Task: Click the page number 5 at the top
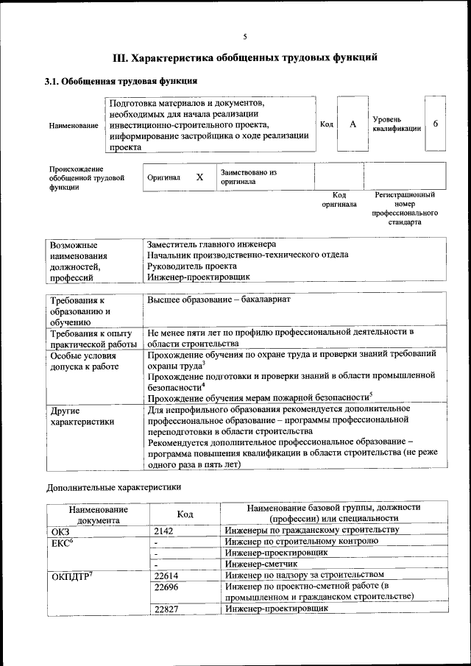click(245, 37)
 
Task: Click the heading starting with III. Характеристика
click(245, 57)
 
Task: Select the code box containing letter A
click(353, 124)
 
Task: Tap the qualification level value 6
click(435, 124)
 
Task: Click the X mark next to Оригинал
click(199, 177)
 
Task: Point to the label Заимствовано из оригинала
click(248, 177)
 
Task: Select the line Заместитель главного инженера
click(211, 244)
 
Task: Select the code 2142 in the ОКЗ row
click(166, 531)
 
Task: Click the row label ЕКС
click(62, 542)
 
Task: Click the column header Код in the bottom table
click(185, 514)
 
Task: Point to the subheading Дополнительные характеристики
click(113, 487)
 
